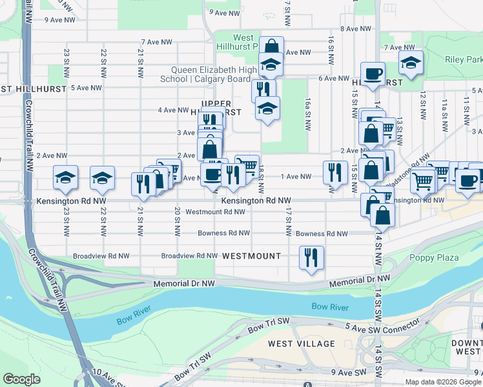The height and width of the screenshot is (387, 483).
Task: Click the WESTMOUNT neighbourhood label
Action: click(x=251, y=256)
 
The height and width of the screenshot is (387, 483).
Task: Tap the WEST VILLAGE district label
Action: click(x=302, y=343)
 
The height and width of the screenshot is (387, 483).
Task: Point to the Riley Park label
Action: click(x=464, y=59)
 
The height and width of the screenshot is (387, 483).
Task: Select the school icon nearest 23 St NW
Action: click(x=65, y=179)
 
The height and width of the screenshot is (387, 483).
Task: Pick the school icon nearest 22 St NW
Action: click(x=102, y=179)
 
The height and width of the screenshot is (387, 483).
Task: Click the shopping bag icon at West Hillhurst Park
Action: click(x=272, y=46)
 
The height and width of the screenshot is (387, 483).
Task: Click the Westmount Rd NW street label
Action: click(x=215, y=212)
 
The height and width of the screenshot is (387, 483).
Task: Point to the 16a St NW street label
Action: click(x=309, y=114)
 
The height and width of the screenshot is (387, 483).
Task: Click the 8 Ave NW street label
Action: click(x=356, y=29)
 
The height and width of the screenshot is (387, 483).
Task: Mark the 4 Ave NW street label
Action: click(x=174, y=110)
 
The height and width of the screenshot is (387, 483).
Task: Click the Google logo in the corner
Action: click(x=21, y=379)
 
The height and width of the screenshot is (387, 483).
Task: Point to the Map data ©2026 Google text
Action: click(x=442, y=382)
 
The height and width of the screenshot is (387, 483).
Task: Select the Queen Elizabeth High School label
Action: click(x=211, y=75)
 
